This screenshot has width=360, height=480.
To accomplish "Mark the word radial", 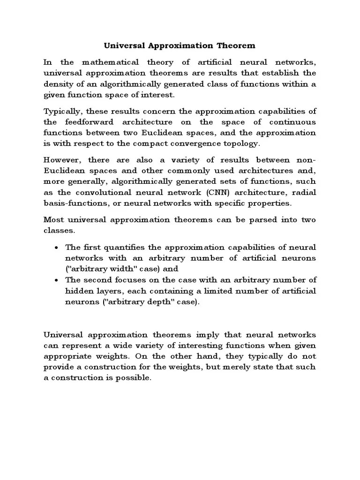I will coord(304,193).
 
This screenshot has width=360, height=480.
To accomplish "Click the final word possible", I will coord(135,378).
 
